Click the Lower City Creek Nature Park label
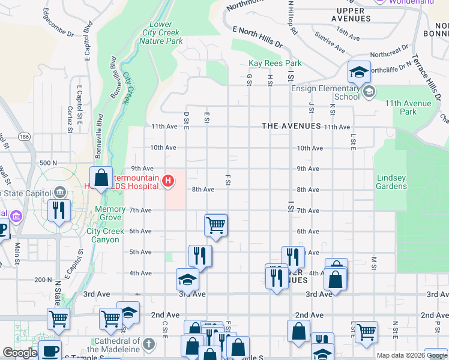pyautogui.click(x=161, y=33)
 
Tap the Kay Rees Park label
pyautogui.click(x=275, y=63)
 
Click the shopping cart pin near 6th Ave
pyautogui.click(x=215, y=226)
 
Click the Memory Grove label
pyautogui.click(x=110, y=214)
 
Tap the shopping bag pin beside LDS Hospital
pyautogui.click(x=101, y=178)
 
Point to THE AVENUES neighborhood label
pyautogui.click(x=291, y=126)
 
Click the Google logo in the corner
pyautogui.click(x=20, y=353)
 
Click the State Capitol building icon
pyautogui.click(x=59, y=192)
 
